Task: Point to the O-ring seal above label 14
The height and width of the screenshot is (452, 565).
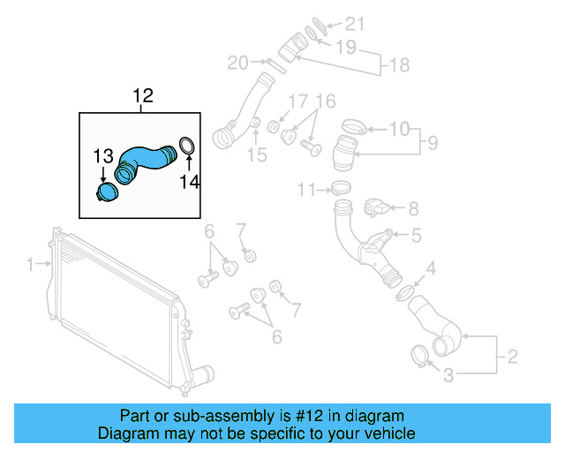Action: [187, 146]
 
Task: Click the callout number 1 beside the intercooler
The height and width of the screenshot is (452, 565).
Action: [30, 264]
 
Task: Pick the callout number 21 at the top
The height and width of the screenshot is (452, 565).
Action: [353, 24]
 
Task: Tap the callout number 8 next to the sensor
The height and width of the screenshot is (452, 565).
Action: [412, 209]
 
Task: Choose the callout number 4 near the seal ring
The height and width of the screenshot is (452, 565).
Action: [430, 268]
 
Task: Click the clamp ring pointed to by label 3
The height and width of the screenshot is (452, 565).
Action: [421, 356]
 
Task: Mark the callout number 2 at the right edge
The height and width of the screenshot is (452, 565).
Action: [511, 358]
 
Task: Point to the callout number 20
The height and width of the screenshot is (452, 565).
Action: [237, 63]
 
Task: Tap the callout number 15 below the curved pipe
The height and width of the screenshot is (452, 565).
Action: [256, 155]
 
